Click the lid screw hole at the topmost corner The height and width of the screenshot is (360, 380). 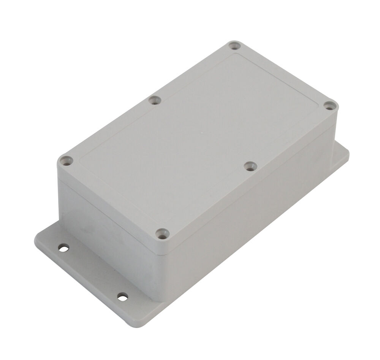click(x=234, y=46)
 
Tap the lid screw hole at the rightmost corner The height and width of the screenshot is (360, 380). click(x=329, y=106)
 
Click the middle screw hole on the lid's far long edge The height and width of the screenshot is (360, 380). click(x=154, y=100)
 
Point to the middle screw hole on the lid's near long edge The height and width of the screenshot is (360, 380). click(x=250, y=166)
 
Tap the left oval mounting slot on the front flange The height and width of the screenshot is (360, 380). click(x=63, y=248)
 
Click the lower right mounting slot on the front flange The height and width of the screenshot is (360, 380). click(x=122, y=297)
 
